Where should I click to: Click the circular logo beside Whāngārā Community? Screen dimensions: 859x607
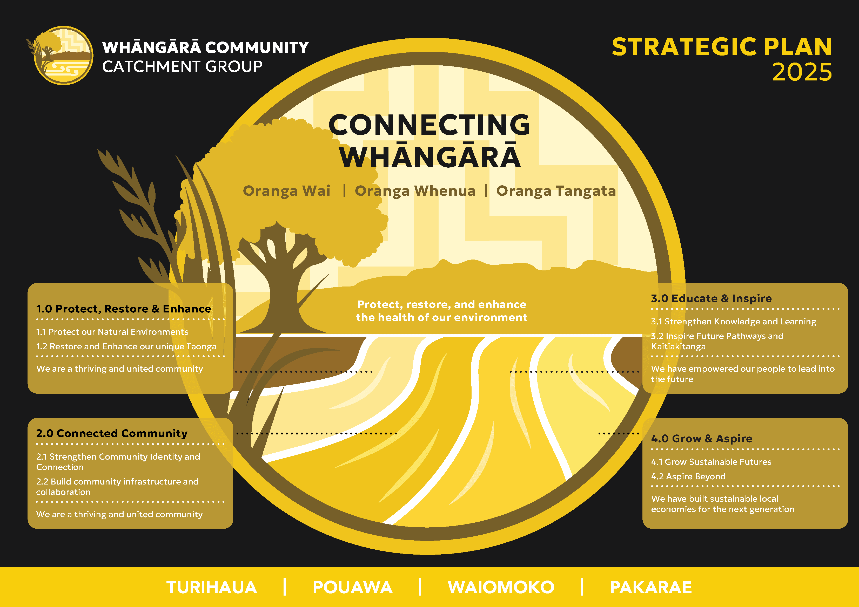tap(63, 55)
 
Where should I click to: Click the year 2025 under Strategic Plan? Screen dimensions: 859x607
tap(802, 72)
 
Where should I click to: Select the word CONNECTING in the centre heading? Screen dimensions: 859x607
tap(429, 125)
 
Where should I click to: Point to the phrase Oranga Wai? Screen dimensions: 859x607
tap(287, 191)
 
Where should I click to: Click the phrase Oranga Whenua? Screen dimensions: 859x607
tap(415, 191)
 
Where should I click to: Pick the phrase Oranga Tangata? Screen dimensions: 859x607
tap(556, 191)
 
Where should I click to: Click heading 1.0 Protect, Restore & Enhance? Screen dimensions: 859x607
tap(123, 309)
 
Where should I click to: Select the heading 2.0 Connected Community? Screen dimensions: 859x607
tap(111, 433)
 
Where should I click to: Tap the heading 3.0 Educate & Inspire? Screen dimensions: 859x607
tap(711, 298)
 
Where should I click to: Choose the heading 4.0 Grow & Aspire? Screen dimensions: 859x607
tap(701, 438)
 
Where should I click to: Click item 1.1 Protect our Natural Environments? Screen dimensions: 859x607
tap(112, 332)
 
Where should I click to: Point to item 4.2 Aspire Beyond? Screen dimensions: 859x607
tap(688, 476)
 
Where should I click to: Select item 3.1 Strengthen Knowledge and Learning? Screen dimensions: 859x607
tap(733, 322)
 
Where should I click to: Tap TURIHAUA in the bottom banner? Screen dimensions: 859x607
tap(212, 587)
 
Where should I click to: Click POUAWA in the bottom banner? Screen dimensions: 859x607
tap(352, 587)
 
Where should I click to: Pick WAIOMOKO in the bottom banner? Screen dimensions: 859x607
tap(501, 587)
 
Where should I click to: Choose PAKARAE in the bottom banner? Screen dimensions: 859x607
tap(650, 587)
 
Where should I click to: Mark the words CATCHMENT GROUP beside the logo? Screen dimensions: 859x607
tap(182, 67)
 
